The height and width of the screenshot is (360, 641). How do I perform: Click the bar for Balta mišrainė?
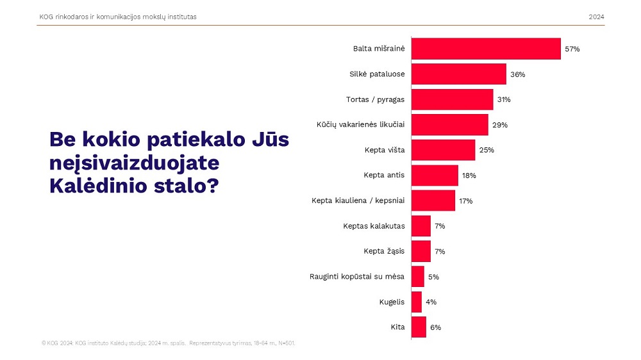[486, 49]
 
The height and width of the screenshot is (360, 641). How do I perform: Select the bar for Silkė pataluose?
[458, 74]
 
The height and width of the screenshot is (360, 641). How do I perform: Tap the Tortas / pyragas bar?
[452, 99]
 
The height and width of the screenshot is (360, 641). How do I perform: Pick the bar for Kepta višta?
[443, 150]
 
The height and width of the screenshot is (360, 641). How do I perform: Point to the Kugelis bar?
[417, 302]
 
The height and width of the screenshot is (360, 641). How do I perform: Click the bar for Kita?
[419, 327]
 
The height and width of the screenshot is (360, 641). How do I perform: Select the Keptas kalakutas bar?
[420, 226]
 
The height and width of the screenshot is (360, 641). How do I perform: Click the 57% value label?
[572, 49]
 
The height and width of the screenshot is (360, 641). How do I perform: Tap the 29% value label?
[500, 125]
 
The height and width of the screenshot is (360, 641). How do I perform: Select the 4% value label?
[431, 302]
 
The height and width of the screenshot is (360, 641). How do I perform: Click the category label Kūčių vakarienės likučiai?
[360, 125]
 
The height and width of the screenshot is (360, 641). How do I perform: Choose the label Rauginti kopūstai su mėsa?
[356, 277]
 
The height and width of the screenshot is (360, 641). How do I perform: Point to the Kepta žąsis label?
[384, 251]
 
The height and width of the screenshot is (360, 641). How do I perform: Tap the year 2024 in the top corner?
[596, 17]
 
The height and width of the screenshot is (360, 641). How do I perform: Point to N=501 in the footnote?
[285, 343]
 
